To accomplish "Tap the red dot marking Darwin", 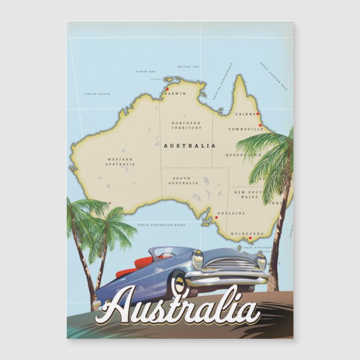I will coord(166,88).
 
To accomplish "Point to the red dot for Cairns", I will coord(258,115).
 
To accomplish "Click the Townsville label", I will coord(245,129).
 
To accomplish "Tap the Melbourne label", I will coord(246,233).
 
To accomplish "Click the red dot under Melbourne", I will coord(250,238).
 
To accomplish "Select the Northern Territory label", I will coord(186,125).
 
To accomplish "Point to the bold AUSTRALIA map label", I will coord(189,145).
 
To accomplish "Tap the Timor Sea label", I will coord(146,72).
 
